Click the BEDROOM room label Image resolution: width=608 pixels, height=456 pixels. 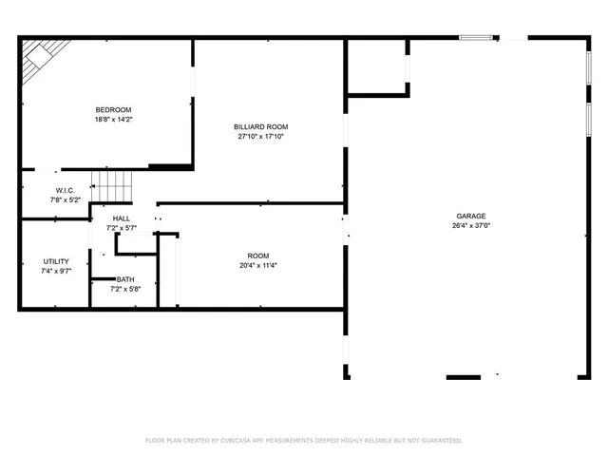coord(113,109)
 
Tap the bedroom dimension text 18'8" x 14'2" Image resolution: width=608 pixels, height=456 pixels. coord(113,120)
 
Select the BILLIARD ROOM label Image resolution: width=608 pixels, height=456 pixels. coord(260,126)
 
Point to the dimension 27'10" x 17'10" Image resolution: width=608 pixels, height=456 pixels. coord(260,137)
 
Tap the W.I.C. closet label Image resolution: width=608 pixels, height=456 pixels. coord(52,190)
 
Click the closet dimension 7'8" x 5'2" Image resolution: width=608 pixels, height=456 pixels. coord(52,200)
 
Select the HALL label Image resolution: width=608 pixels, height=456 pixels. coord(122,218)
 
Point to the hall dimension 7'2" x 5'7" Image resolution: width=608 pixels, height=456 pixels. coord(122,229)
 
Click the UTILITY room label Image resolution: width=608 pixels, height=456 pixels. coord(55,261)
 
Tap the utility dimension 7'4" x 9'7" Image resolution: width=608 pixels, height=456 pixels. coord(55,272)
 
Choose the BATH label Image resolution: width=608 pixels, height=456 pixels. coord(125,279)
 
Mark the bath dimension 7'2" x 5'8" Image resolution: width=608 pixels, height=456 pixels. coord(125,289)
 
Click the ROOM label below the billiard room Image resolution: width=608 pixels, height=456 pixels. coord(257,256)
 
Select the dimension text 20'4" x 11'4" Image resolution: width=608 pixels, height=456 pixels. coord(257,266)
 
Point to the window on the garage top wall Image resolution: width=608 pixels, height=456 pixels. coord(475,38)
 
